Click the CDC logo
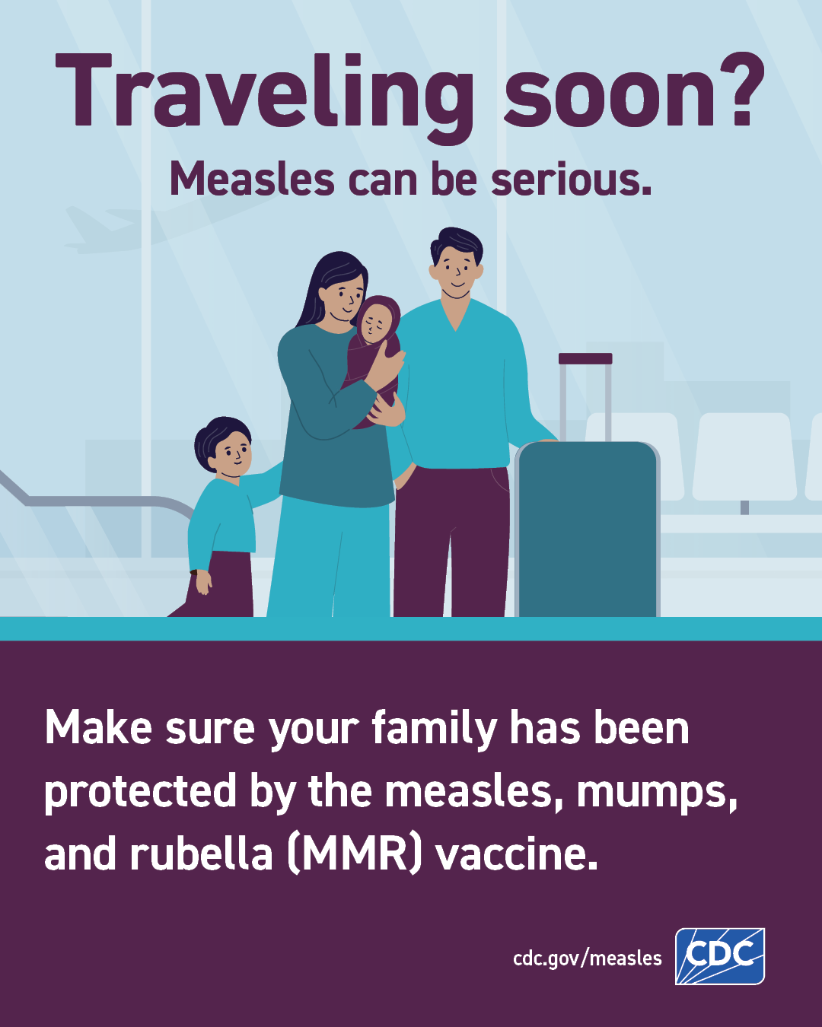[719, 956]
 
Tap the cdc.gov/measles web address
[587, 959]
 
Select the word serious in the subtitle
[572, 179]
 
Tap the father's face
[456, 274]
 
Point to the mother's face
[345, 300]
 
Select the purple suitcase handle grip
[585, 358]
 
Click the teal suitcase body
[588, 529]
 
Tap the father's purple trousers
[451, 542]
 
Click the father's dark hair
[457, 244]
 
